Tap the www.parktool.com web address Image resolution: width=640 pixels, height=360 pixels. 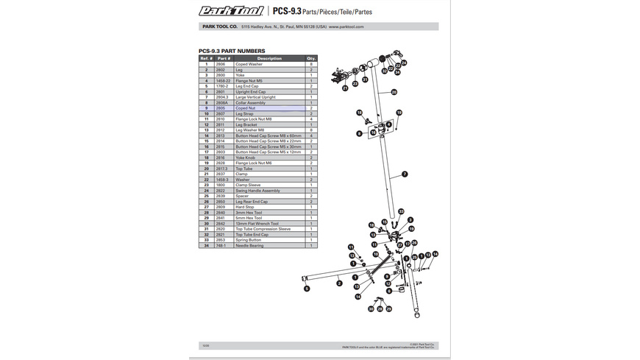point(346,27)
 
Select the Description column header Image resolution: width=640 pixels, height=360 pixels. point(269,58)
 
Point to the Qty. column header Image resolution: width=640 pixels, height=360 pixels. point(311,58)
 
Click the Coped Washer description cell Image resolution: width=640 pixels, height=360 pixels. point(249,64)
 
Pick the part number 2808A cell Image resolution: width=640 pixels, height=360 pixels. point(224,102)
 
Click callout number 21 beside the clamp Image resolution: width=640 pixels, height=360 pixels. point(344,88)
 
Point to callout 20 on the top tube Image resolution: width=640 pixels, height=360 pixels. point(394,92)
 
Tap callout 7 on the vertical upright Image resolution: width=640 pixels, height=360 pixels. point(404,174)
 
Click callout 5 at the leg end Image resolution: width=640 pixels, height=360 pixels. point(307,289)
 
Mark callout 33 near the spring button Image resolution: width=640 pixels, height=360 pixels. point(401,211)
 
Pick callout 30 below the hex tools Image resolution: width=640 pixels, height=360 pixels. point(371,309)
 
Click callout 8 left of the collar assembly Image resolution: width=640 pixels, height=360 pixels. point(359,133)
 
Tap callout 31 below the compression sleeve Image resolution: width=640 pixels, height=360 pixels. point(366,78)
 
